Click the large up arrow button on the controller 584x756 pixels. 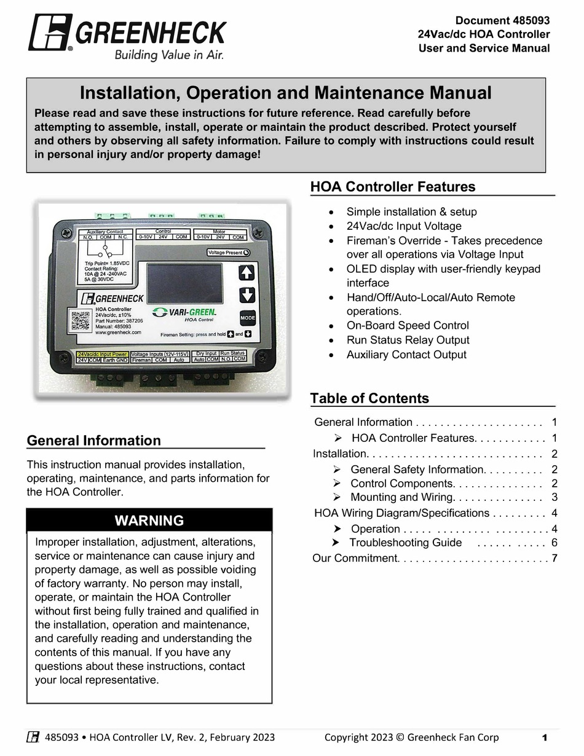pos(247,272)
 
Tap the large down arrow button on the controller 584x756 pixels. pos(247,294)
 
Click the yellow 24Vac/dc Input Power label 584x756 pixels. pos(102,354)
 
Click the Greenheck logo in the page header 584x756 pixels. pos(128,37)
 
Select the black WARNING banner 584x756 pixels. pos(149,521)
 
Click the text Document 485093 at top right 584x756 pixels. pos(502,20)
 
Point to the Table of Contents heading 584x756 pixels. pos(369,398)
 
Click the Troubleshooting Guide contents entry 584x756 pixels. pos(405,542)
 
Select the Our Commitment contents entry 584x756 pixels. pos(355,558)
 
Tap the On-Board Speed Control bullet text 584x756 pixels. pos(407,326)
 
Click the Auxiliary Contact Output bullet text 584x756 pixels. pos(406,355)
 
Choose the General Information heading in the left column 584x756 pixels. pos(94,441)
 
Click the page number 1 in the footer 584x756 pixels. pos(545,738)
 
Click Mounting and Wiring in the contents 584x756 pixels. pos(401,497)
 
